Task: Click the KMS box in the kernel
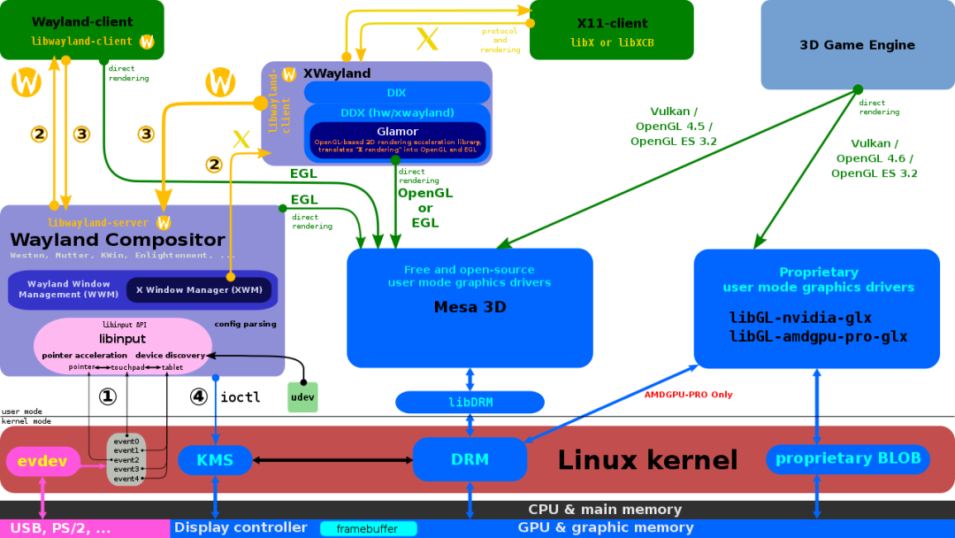click(215, 460)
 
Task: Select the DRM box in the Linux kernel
click(470, 459)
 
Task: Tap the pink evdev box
click(42, 461)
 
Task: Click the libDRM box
click(470, 403)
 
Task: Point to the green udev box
click(302, 397)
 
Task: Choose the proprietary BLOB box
click(847, 458)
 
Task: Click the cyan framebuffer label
click(367, 529)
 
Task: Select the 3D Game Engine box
click(857, 45)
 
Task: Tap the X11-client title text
click(612, 23)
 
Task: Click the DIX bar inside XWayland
click(397, 93)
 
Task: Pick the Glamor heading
click(397, 132)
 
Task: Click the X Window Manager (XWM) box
click(199, 290)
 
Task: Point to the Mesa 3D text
click(470, 308)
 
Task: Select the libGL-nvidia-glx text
click(800, 318)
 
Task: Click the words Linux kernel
click(647, 460)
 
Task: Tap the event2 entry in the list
click(126, 460)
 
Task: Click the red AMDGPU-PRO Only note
click(688, 395)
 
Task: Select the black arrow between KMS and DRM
click(332, 460)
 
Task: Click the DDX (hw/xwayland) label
click(397, 112)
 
